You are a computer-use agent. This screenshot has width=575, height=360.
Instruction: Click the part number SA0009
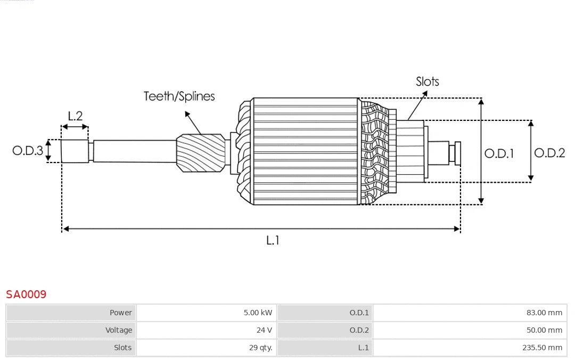point(26,294)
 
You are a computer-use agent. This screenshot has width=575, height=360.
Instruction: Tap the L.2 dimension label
point(75,116)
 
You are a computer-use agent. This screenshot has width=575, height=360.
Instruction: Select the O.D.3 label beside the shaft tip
point(28,151)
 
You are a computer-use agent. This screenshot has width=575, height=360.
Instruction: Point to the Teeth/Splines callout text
point(179,96)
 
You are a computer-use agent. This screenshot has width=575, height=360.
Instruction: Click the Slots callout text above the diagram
point(427,81)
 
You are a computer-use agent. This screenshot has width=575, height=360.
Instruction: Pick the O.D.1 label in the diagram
point(499,153)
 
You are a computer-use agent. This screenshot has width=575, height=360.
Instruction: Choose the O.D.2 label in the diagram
point(549,153)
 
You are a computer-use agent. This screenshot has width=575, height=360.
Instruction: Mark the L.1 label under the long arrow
point(273,240)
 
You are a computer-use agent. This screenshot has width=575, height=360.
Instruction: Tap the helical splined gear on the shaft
point(200,152)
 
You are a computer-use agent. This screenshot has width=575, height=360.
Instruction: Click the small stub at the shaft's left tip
point(75,151)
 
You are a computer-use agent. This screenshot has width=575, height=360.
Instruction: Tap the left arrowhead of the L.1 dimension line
point(65,229)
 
